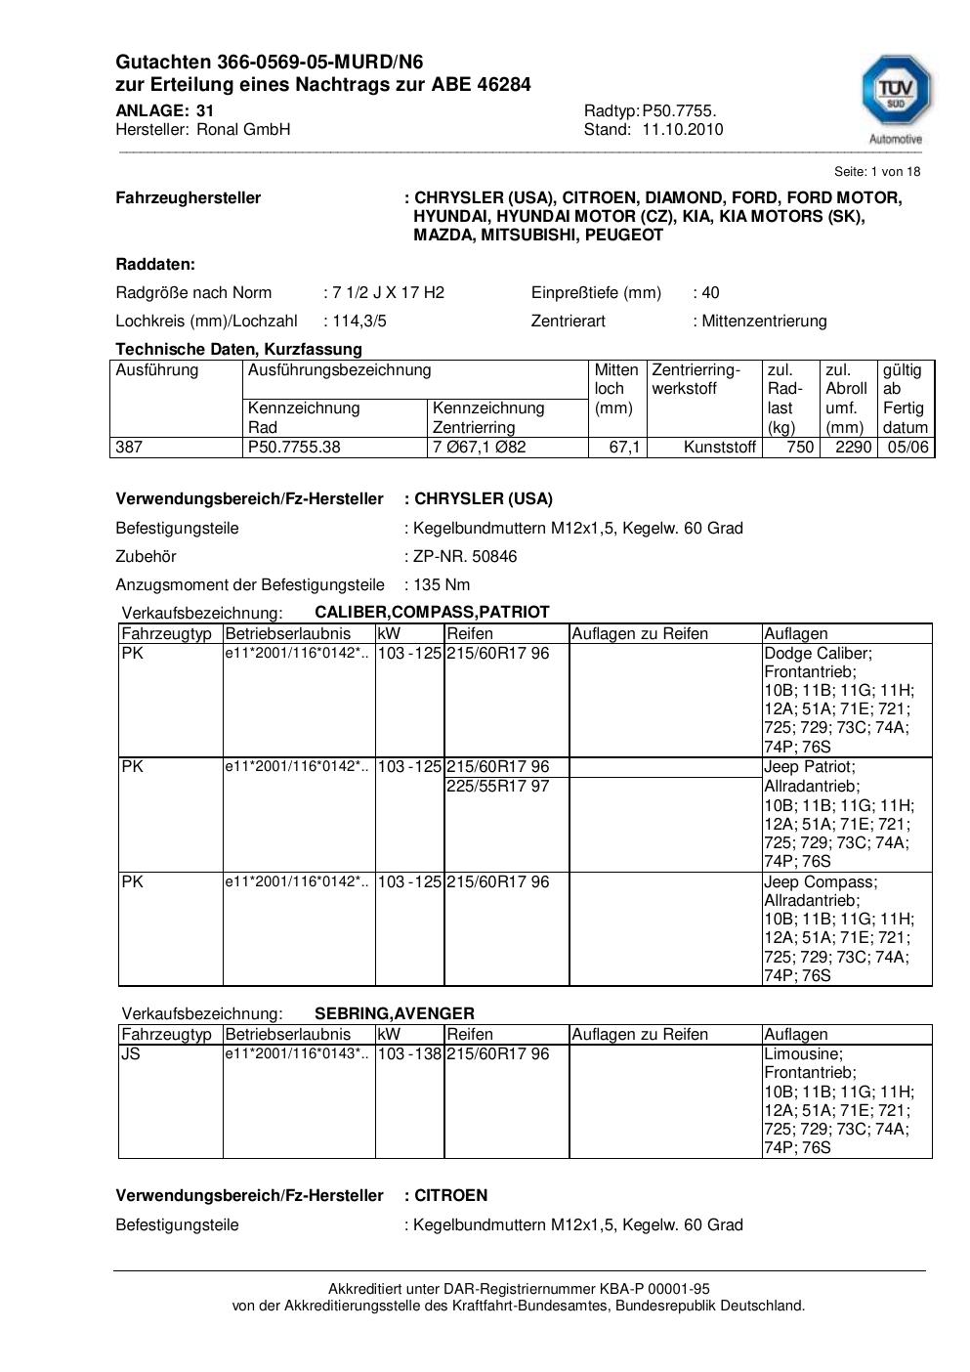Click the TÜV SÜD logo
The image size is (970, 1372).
click(x=895, y=96)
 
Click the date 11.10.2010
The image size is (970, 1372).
click(x=682, y=129)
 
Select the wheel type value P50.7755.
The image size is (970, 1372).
click(x=679, y=110)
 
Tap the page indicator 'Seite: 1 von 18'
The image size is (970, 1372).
click(x=876, y=171)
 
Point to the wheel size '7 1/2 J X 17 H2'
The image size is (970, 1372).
click(x=388, y=292)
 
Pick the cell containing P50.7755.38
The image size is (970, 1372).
click(x=294, y=448)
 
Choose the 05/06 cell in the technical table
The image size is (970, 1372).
click(x=907, y=448)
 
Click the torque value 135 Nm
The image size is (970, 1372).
click(x=442, y=584)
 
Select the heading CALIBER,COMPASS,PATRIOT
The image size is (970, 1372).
click(x=432, y=612)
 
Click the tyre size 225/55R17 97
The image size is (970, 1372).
click(x=497, y=786)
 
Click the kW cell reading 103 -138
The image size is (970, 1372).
click(x=409, y=1053)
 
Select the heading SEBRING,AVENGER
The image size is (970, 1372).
click(x=395, y=1013)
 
